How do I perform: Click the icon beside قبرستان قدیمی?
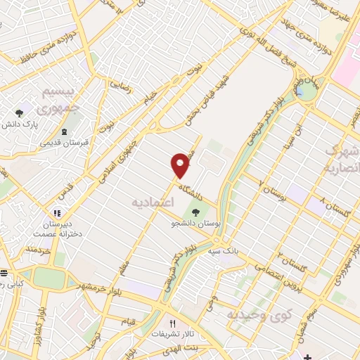click(x=64, y=132)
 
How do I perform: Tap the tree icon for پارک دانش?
click(x=20, y=112)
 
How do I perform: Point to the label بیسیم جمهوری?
click(x=43, y=103)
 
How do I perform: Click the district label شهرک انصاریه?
click(x=342, y=160)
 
